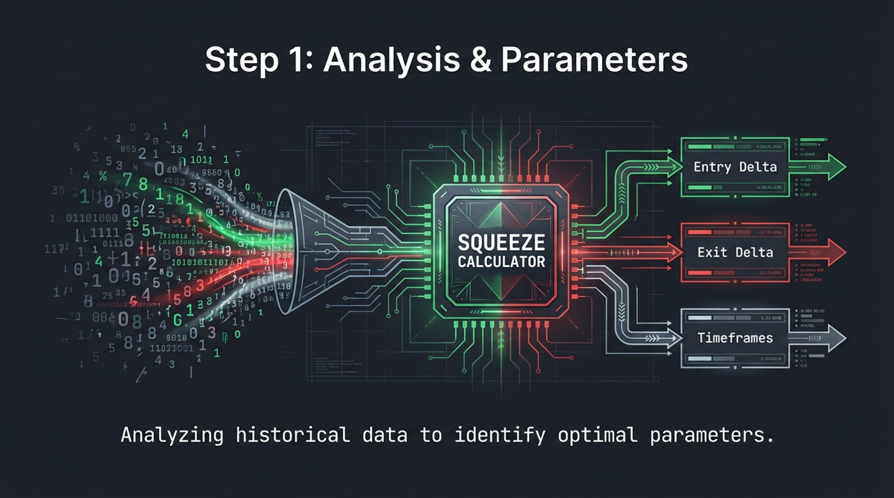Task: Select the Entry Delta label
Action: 735,167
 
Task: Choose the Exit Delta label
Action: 735,252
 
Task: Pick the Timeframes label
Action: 735,338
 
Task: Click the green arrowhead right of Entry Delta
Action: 836,167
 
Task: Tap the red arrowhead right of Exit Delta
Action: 836,252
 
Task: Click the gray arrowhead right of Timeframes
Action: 836,338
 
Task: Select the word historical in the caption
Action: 293,435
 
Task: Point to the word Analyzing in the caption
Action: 172,435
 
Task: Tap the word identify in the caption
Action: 500,435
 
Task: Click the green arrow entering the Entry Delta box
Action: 673,167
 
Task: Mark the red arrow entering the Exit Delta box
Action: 673,252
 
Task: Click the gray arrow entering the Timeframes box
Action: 673,338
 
